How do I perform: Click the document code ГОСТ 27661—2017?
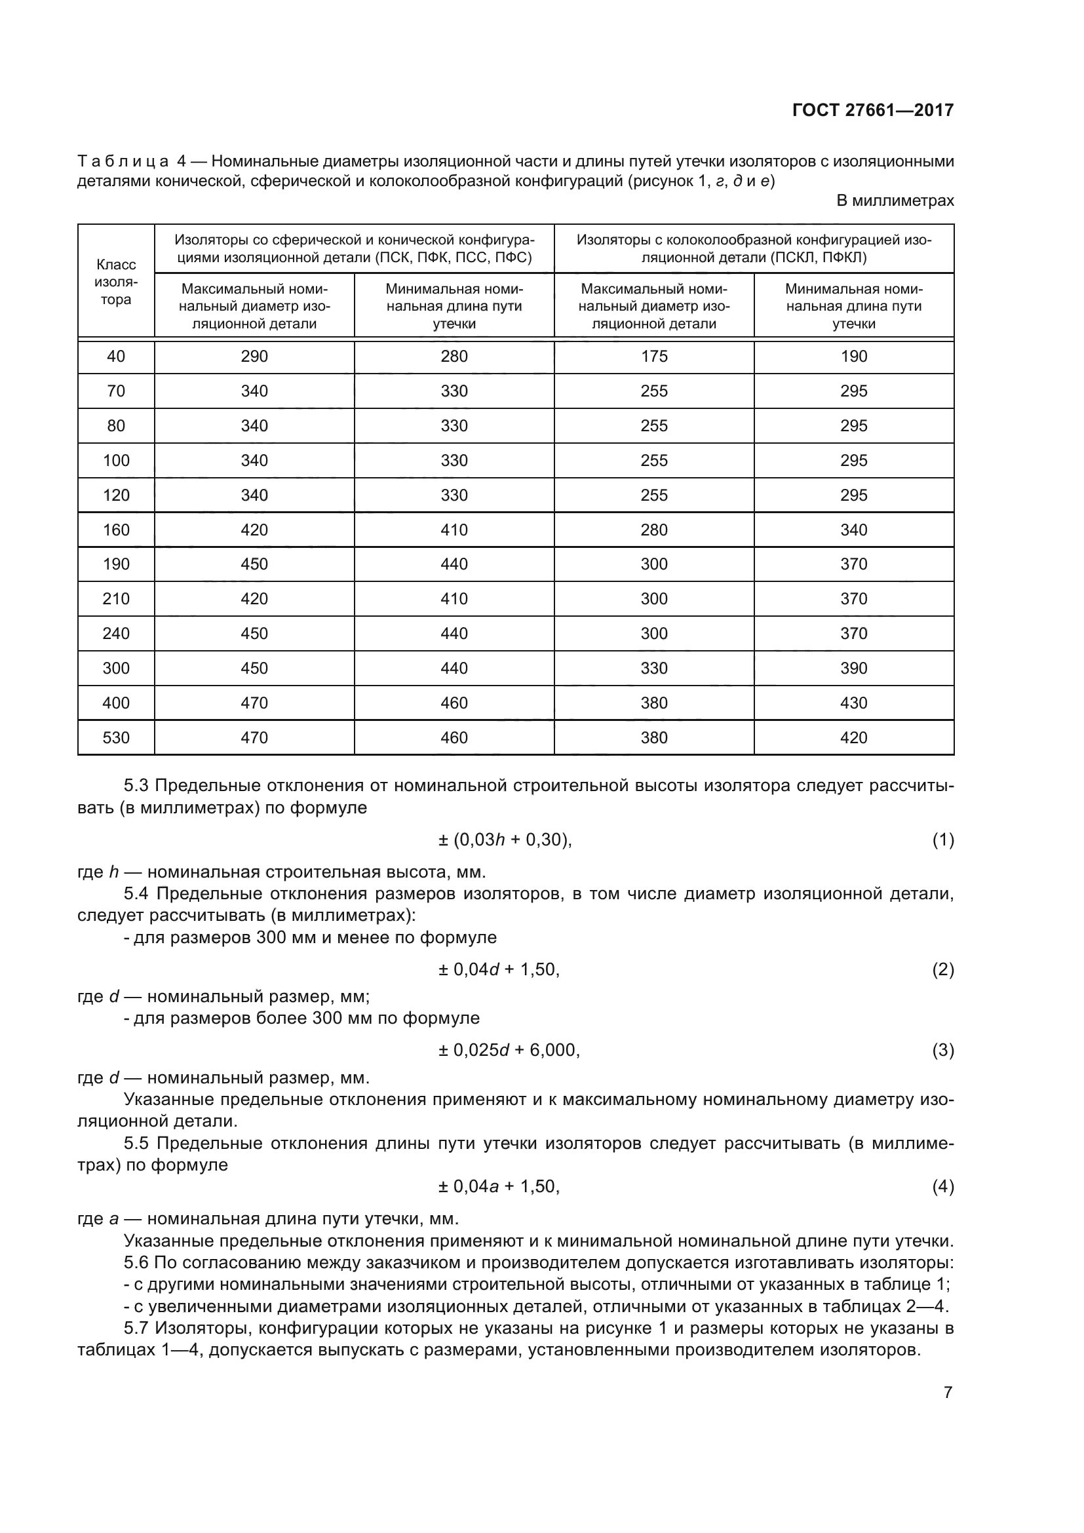(872, 110)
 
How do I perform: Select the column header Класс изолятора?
(116, 282)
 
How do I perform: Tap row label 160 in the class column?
(116, 530)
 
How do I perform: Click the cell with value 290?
(254, 357)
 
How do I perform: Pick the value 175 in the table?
(654, 357)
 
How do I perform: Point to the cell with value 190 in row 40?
(854, 357)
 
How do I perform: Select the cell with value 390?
(854, 669)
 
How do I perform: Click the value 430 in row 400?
(854, 703)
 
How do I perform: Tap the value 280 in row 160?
(654, 530)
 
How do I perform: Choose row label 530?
(116, 738)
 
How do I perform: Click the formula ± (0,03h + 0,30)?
(505, 840)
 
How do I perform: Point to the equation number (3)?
(942, 1050)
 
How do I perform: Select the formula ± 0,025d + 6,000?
(509, 1050)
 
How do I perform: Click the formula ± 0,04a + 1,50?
(499, 1186)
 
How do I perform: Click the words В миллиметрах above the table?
(895, 201)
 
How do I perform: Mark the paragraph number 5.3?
(137, 785)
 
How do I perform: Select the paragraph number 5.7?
(137, 1328)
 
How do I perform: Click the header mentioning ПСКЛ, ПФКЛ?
(754, 248)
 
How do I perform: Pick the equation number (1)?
(942, 840)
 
